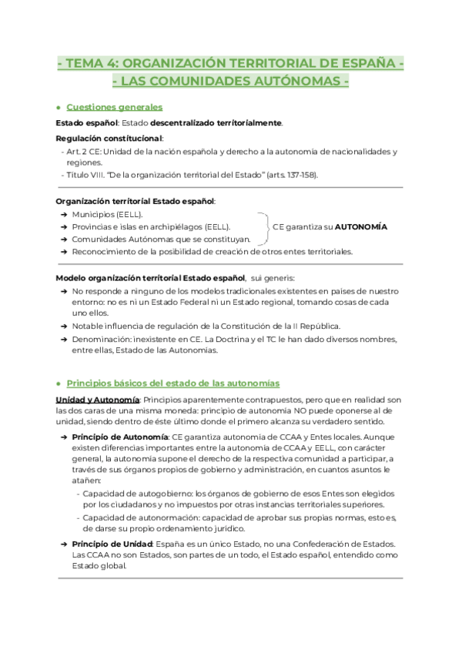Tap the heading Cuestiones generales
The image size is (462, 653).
pos(114,107)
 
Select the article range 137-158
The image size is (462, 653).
pos(300,175)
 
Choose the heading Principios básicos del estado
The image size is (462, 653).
pos(172,383)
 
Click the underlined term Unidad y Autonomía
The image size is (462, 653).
pos(98,400)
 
